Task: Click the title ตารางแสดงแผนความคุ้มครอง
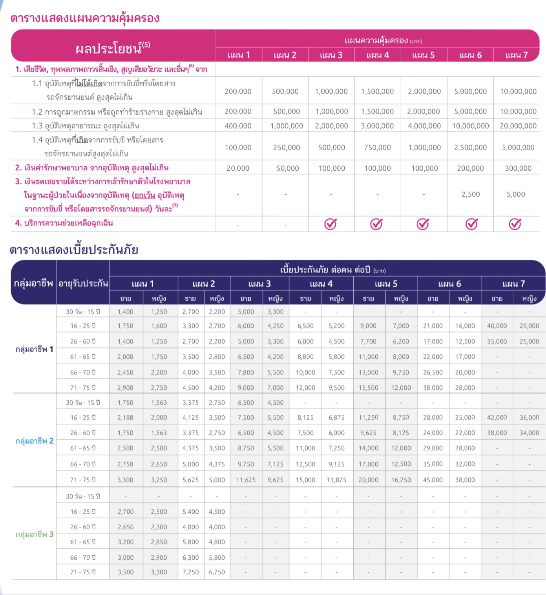(x=85, y=18)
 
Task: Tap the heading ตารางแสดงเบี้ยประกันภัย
(x=74, y=250)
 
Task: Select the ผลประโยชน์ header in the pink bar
(x=113, y=48)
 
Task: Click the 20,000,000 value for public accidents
(x=518, y=126)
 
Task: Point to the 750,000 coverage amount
(x=377, y=148)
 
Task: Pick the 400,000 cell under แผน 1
(x=238, y=126)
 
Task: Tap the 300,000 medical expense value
(x=518, y=168)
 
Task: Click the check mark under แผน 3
(x=331, y=224)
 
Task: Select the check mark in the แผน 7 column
(x=515, y=224)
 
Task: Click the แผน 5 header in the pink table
(x=424, y=55)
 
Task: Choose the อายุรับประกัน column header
(x=83, y=283)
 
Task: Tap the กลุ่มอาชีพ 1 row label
(x=35, y=349)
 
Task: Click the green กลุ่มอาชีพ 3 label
(x=35, y=534)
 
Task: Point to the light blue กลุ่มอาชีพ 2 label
(x=35, y=441)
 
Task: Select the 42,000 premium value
(x=497, y=418)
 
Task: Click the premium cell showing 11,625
(x=246, y=480)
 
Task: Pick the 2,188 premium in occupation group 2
(x=125, y=418)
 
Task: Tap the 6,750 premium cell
(x=217, y=572)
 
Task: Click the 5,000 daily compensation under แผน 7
(x=516, y=194)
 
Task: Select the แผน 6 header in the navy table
(x=449, y=284)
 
